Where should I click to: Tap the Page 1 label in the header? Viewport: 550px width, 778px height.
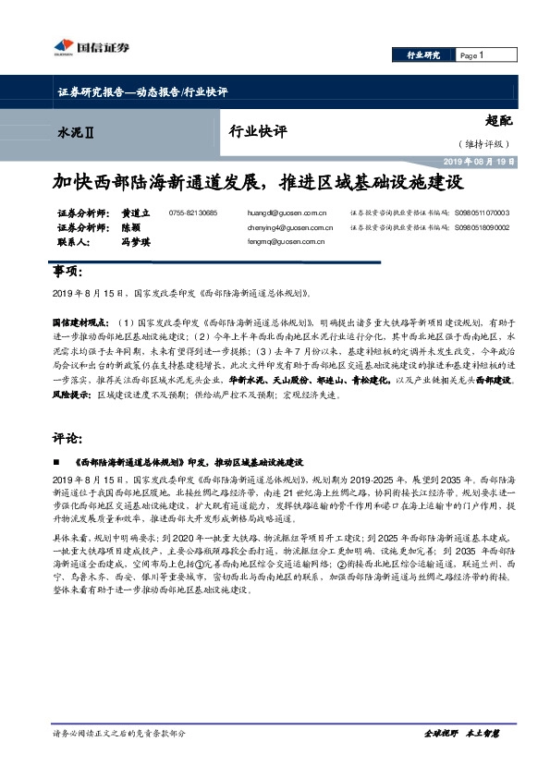pyautogui.click(x=472, y=55)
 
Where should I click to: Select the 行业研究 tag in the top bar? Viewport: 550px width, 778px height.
pyautogui.click(x=424, y=55)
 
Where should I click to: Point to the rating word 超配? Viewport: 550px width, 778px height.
pyautogui.click(x=497, y=120)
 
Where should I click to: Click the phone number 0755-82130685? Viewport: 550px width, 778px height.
pyautogui.click(x=193, y=213)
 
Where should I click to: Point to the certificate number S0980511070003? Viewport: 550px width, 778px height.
pyautogui.click(x=482, y=213)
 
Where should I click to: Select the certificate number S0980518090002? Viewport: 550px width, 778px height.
pyautogui.click(x=482, y=227)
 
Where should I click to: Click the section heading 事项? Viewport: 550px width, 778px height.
pyautogui.click(x=70, y=274)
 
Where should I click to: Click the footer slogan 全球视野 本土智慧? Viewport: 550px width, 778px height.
pyautogui.click(x=461, y=760)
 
